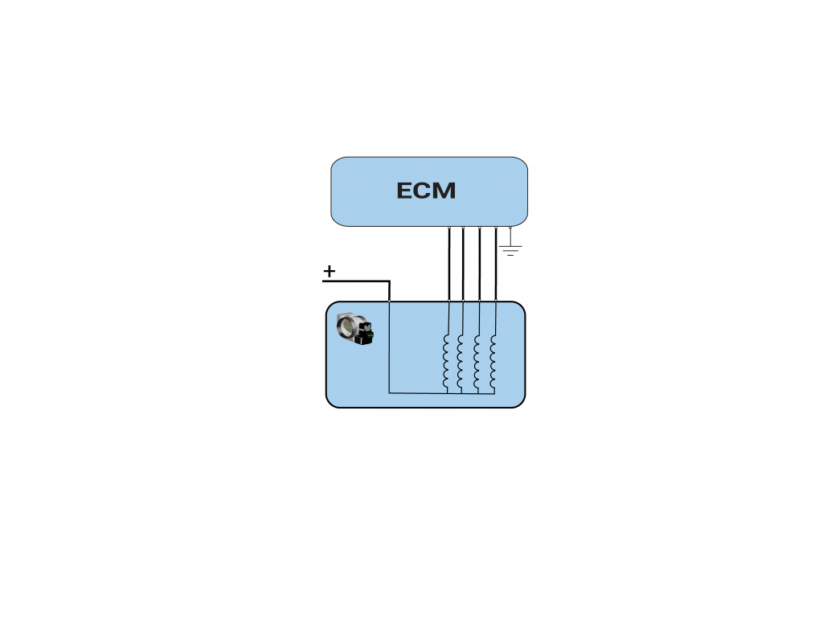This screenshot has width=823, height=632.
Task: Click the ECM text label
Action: coord(426,191)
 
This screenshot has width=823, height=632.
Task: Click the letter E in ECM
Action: coord(405,191)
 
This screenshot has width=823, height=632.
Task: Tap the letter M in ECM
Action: coord(445,191)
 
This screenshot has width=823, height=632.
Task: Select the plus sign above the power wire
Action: coord(329,272)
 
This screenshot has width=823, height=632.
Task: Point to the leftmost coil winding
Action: coord(446,362)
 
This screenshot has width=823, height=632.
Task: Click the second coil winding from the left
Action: coord(461,362)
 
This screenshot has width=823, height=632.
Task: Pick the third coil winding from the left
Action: coord(477,362)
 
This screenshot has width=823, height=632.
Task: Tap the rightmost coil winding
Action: coord(493,362)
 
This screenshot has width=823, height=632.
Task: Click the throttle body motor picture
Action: coord(355,329)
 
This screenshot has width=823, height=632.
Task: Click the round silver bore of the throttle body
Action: coord(347,326)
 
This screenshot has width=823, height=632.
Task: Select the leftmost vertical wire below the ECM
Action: coord(449,264)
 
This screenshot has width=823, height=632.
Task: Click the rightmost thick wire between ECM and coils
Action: coord(496,264)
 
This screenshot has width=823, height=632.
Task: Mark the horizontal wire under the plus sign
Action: coord(356,281)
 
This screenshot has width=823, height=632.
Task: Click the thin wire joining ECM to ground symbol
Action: coord(510,236)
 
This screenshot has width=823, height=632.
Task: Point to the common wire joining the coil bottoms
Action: coord(442,392)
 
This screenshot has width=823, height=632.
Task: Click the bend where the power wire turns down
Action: coord(389,281)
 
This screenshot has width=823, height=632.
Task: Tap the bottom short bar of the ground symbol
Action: coord(510,255)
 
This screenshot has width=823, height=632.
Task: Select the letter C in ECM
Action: coord(424,191)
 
